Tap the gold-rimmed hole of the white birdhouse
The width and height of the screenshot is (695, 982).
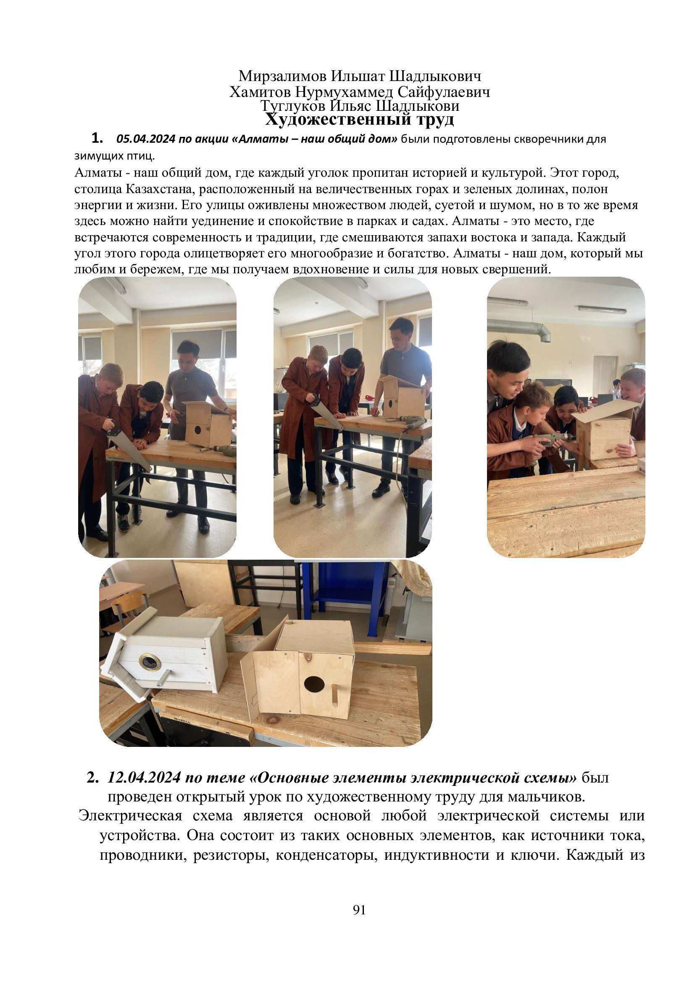click(150, 663)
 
